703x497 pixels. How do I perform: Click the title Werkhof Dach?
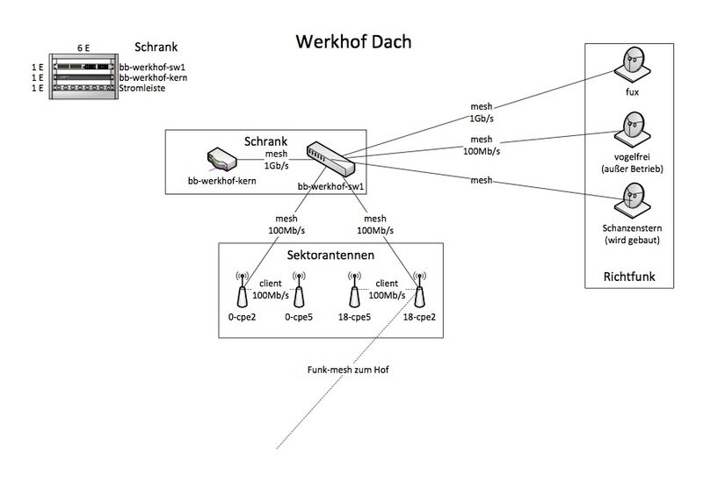coord(352,41)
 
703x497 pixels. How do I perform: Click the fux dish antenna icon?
coord(632,64)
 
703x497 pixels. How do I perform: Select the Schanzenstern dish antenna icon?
coord(632,195)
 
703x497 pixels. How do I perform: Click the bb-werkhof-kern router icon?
coord(219,161)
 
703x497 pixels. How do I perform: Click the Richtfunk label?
coord(629,277)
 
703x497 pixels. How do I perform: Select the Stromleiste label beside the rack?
coord(141,88)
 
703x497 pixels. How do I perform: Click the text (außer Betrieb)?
coord(632,168)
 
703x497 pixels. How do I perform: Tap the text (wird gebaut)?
coord(632,240)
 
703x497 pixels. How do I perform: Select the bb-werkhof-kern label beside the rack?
coord(152,77)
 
